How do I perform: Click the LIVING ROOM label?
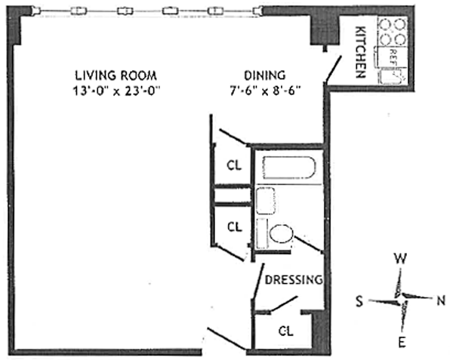click(x=116, y=75)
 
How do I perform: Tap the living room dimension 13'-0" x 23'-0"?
click(x=116, y=91)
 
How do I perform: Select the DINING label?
click(x=265, y=75)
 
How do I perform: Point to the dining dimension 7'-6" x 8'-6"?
click(x=266, y=91)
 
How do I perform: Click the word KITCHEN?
click(x=361, y=52)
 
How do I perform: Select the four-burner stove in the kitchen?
click(x=393, y=32)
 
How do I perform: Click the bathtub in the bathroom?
click(x=289, y=168)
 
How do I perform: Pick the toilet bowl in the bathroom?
click(x=281, y=233)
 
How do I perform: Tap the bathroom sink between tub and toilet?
click(x=266, y=201)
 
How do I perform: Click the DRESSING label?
click(x=294, y=280)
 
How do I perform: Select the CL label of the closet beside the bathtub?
click(x=234, y=165)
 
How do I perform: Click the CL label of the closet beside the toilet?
click(x=235, y=227)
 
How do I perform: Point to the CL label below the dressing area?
click(x=286, y=331)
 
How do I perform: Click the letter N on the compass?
click(x=441, y=301)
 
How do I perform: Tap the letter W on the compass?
click(x=400, y=259)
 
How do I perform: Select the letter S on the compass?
click(x=359, y=301)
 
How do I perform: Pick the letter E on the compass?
click(x=402, y=343)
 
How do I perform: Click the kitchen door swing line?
click(x=334, y=69)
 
